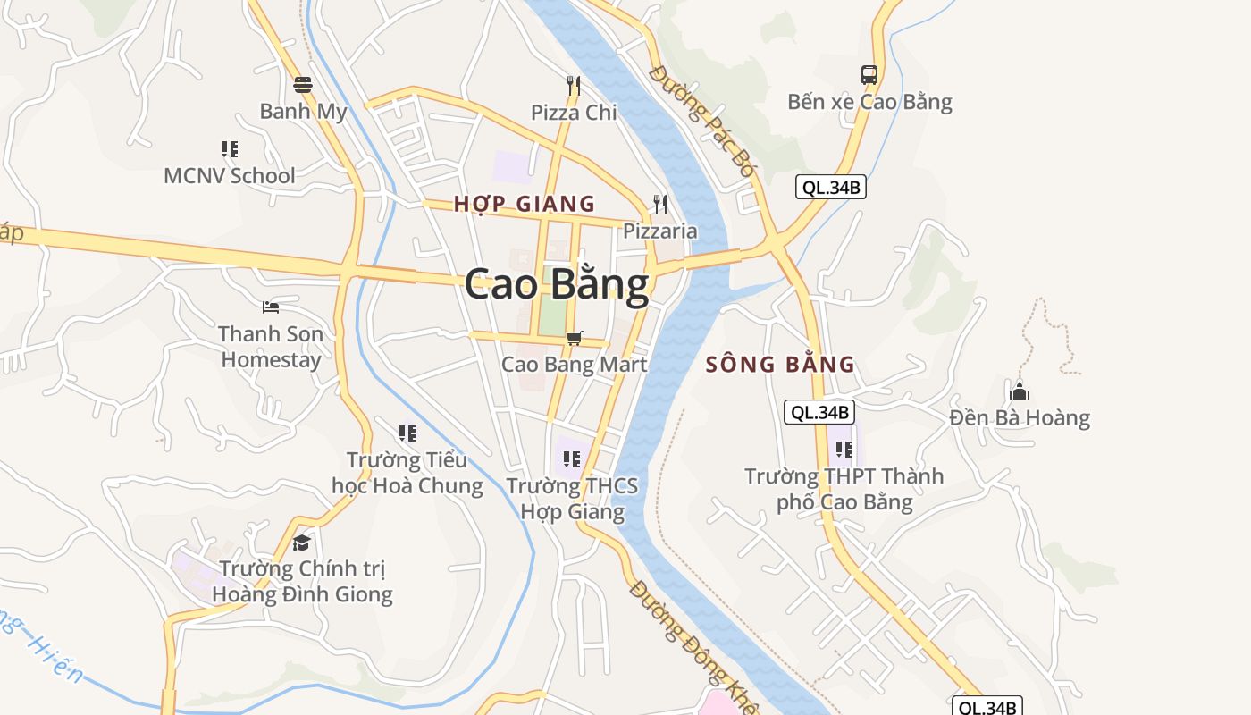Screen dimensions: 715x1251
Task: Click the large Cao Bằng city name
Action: coord(556,285)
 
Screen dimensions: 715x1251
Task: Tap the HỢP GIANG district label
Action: coord(524,204)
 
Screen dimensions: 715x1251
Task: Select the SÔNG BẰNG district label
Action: coord(780,365)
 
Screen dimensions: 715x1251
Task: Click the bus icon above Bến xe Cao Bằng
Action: coord(869,75)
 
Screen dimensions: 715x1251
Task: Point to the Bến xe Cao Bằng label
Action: coord(869,102)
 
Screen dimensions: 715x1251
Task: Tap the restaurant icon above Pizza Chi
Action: coord(574,86)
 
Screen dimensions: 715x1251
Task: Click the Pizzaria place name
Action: coord(659,231)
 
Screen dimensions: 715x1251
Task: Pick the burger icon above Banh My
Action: coord(303,85)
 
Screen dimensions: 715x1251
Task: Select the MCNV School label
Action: coord(229,175)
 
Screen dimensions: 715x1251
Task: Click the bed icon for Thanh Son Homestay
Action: coord(271,307)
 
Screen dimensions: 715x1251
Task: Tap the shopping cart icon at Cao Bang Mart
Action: coord(575,338)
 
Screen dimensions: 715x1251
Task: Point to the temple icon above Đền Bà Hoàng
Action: coord(1019,391)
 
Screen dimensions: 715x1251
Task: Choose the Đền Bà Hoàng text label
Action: coord(1020,417)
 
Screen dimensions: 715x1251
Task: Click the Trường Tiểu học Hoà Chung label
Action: coord(407,473)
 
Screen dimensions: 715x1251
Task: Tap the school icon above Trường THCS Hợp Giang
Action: coord(572,459)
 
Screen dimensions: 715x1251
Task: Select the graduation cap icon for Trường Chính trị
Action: coord(301,543)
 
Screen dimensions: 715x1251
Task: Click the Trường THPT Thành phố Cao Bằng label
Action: coord(844,489)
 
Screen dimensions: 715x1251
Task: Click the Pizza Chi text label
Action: coord(574,113)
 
